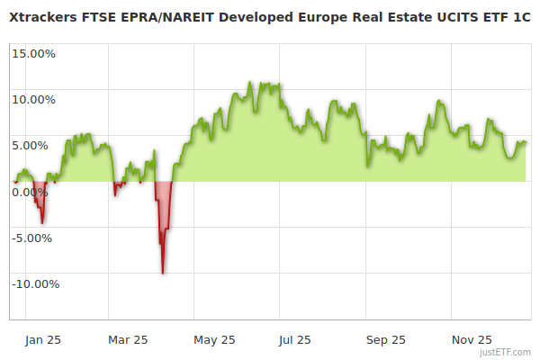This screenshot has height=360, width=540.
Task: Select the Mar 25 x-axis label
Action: point(128,340)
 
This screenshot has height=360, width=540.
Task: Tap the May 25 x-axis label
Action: point(214,340)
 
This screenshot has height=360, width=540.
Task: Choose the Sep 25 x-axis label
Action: point(386,340)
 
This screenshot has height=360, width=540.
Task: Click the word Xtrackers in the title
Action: point(45,17)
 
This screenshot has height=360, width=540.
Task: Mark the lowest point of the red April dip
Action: point(162,273)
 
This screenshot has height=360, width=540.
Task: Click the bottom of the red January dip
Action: point(41,222)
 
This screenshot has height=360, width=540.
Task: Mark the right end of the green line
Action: point(526,142)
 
